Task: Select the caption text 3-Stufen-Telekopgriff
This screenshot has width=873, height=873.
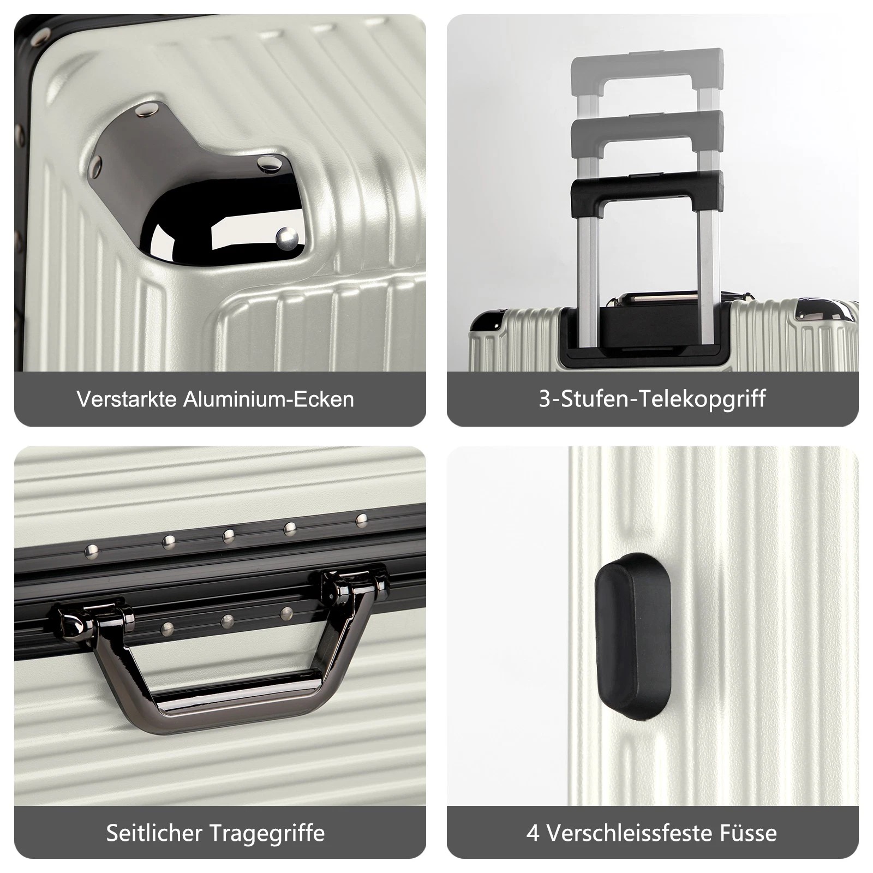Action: (x=652, y=399)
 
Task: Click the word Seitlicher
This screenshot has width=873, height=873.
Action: (x=154, y=833)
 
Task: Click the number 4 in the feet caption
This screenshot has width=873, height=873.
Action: (x=533, y=833)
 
